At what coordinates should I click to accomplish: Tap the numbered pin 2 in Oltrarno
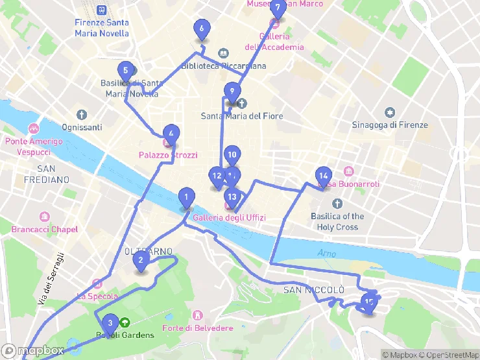point(141,261)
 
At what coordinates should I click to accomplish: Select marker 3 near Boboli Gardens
point(110,323)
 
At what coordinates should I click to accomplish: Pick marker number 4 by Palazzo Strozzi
point(171,134)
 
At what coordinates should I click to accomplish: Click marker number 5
point(126,71)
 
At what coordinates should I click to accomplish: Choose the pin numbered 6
point(202,29)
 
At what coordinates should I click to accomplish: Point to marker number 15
point(369,302)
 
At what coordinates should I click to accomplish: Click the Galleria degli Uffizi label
point(229,217)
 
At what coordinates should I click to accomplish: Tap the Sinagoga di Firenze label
point(390,125)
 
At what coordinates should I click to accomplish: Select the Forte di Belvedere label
point(198,328)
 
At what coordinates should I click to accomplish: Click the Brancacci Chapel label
point(45,229)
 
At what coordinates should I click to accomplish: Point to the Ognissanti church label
point(82,127)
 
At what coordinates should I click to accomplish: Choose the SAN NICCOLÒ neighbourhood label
point(313,289)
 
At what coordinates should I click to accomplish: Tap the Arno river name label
point(327,253)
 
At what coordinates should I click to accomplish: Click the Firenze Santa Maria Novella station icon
point(101,10)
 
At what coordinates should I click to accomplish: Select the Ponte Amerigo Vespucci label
point(33,147)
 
